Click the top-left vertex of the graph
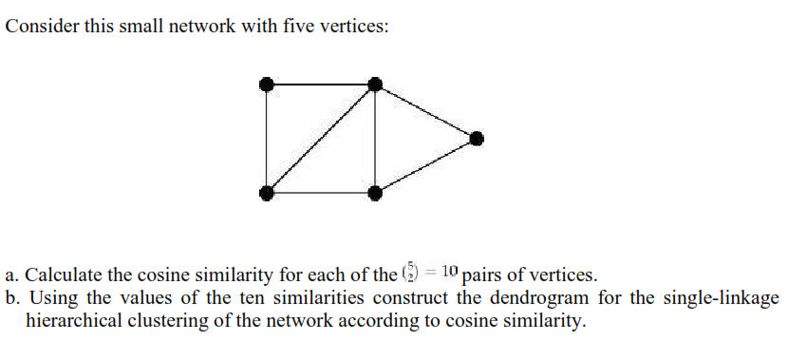[269, 85]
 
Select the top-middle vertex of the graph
[375, 85]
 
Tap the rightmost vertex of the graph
[478, 139]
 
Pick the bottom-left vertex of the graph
[269, 193]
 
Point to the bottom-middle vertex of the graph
[375, 193]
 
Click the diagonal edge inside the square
[322, 139]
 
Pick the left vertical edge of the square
[269, 139]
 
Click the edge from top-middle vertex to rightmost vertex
[426, 111]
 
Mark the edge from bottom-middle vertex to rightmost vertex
[426, 166]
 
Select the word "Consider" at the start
[38, 27]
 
